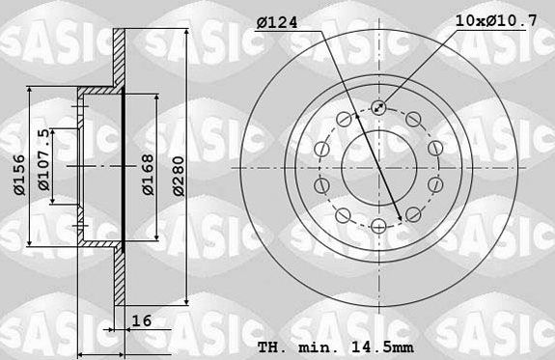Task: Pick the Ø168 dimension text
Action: [148, 175]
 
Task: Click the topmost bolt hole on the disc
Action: [378, 108]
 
